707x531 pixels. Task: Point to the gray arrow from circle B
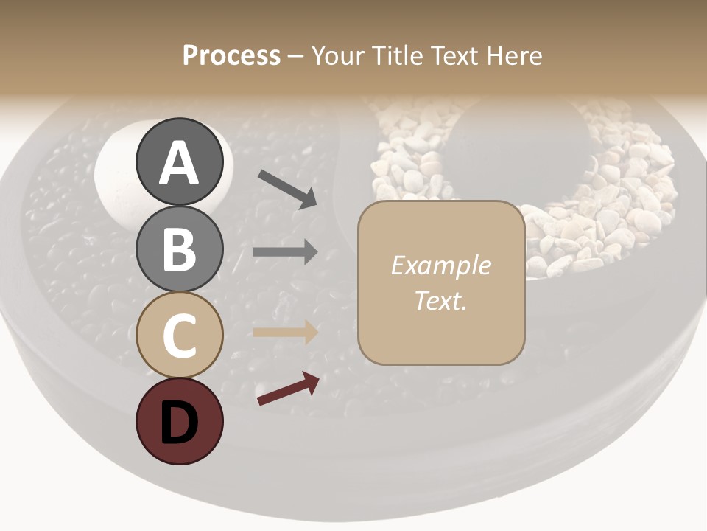point(285,252)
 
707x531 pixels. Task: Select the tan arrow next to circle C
point(285,332)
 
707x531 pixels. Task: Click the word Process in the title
point(231,56)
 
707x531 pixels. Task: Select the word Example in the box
point(440,265)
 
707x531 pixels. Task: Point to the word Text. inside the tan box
point(440,301)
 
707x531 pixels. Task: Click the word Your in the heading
point(336,56)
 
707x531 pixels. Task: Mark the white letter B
point(180,250)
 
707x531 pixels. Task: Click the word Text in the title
point(454,56)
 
